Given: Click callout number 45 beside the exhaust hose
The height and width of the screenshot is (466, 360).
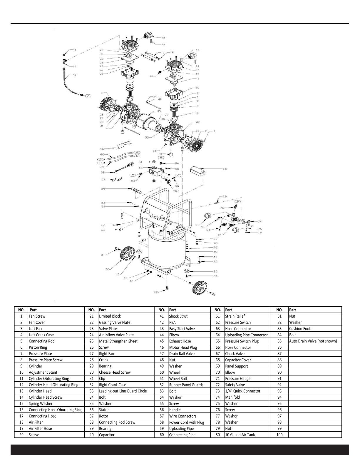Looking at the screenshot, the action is coord(74,75).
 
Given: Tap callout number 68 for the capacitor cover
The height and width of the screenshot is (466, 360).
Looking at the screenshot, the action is coord(225,169).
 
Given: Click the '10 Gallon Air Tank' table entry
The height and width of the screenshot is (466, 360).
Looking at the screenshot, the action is coord(240,435).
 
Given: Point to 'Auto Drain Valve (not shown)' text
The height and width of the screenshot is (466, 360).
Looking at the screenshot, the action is coord(313,341).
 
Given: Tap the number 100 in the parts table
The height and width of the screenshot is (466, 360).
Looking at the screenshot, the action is coord(279,435).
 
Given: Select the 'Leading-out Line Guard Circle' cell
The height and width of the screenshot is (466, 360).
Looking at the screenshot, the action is coord(123,391).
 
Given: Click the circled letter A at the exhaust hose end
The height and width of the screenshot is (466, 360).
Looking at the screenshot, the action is coord(88,96).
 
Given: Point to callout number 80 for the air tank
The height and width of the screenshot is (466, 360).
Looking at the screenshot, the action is coord(215,252).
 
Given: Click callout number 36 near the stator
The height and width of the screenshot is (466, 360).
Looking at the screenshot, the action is coord(159,111).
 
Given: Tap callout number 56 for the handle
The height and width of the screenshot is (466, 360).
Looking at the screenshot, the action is coord(103,189).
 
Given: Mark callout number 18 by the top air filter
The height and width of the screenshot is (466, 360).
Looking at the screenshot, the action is coord(163,38).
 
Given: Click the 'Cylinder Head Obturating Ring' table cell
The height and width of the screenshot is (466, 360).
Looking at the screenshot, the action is coord(53,385).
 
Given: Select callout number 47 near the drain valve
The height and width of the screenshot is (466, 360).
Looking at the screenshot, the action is coord(155,292).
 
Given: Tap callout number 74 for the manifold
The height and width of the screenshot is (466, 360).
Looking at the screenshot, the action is coord(260,221).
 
